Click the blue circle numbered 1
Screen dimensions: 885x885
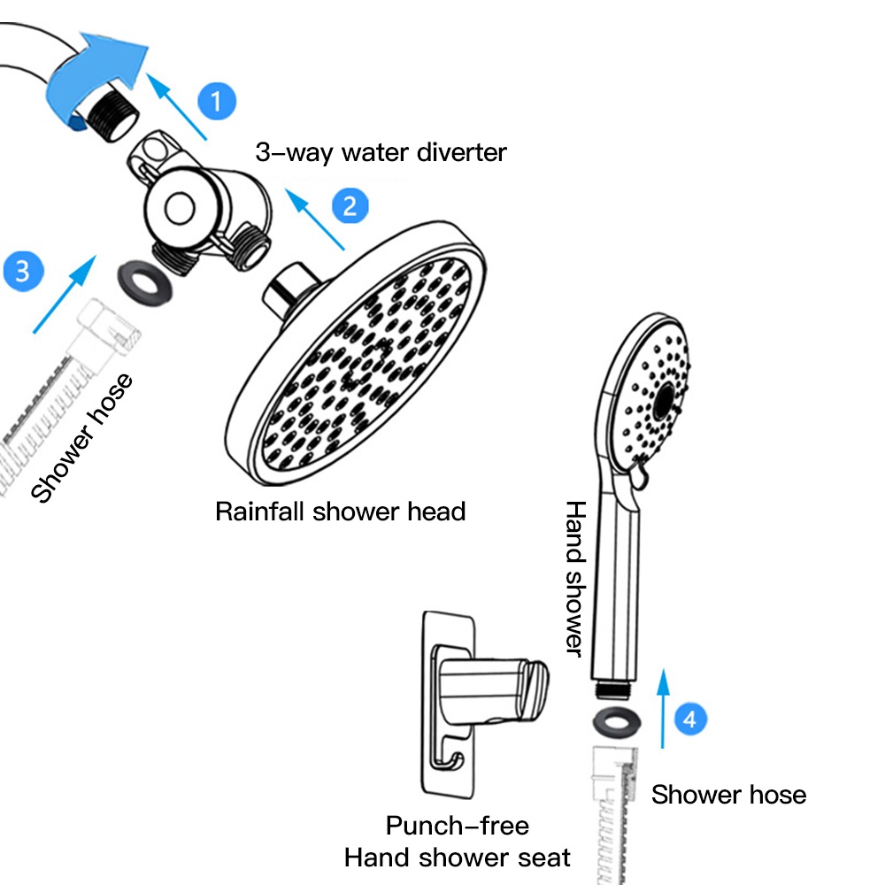[x=217, y=100]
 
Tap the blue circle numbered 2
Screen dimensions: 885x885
[x=350, y=206]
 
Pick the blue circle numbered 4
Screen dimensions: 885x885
[x=690, y=719]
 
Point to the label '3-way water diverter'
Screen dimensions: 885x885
[x=381, y=152]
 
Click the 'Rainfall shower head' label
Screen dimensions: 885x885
[x=340, y=511]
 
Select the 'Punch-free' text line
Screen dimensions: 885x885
[x=457, y=826]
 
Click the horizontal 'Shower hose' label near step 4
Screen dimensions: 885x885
[x=728, y=795]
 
